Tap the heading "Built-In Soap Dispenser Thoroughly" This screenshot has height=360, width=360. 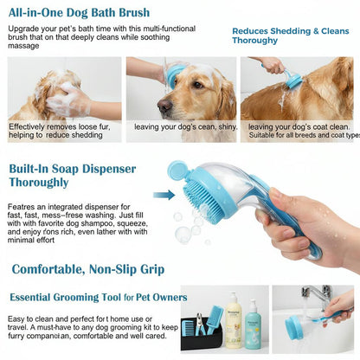tap(69, 176)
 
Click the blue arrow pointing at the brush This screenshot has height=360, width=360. tap(164, 195)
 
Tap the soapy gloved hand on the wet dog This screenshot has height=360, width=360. tap(67, 102)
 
